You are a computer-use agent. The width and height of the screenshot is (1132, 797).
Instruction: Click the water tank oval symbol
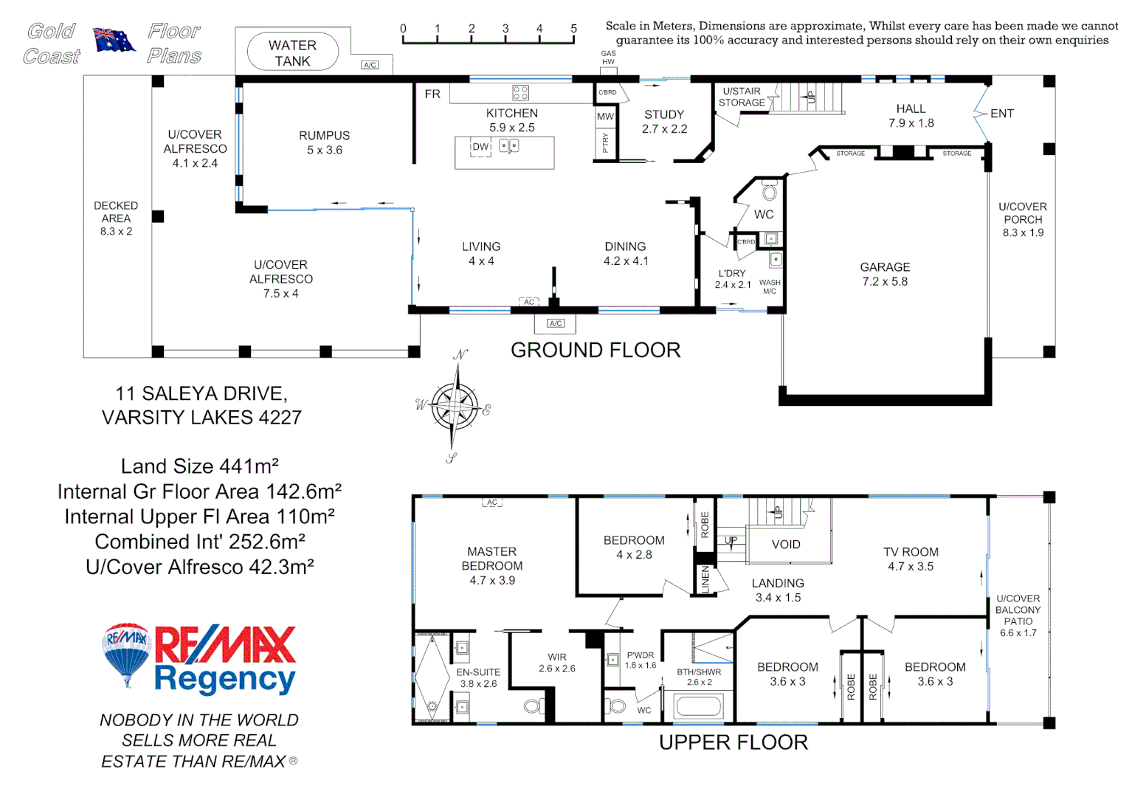[292, 52]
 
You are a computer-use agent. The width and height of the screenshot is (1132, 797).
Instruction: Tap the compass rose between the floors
[455, 405]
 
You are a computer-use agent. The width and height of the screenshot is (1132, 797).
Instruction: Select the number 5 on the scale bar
[573, 29]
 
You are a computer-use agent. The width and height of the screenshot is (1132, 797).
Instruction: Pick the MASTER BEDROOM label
[492, 559]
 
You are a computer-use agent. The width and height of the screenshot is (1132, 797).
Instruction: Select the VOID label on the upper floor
[786, 545]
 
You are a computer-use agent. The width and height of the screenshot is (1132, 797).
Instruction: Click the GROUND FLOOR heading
[596, 350]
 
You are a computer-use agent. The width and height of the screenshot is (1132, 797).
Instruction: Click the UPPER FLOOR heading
[734, 742]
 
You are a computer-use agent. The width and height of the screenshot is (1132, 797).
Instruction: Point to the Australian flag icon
[114, 40]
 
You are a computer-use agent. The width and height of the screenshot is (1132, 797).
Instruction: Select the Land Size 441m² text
[199, 466]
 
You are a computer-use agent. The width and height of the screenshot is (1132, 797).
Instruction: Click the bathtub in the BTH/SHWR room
[698, 706]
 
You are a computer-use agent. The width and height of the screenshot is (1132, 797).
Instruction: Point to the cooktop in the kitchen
[520, 93]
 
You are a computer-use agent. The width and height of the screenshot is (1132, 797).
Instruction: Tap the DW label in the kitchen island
[480, 147]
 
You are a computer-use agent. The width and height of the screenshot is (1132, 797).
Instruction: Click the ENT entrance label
[1001, 114]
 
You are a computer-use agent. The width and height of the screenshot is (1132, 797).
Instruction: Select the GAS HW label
[608, 58]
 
